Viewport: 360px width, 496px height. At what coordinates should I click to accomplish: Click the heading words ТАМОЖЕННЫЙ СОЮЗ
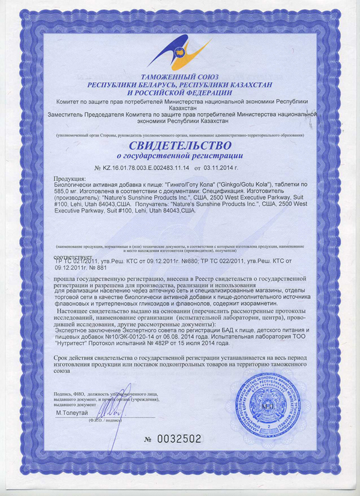click(179, 77)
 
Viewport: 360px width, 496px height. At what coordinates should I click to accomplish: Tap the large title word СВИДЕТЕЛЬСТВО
click(179, 146)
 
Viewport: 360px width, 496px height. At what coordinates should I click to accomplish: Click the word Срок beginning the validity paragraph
click(62, 358)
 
